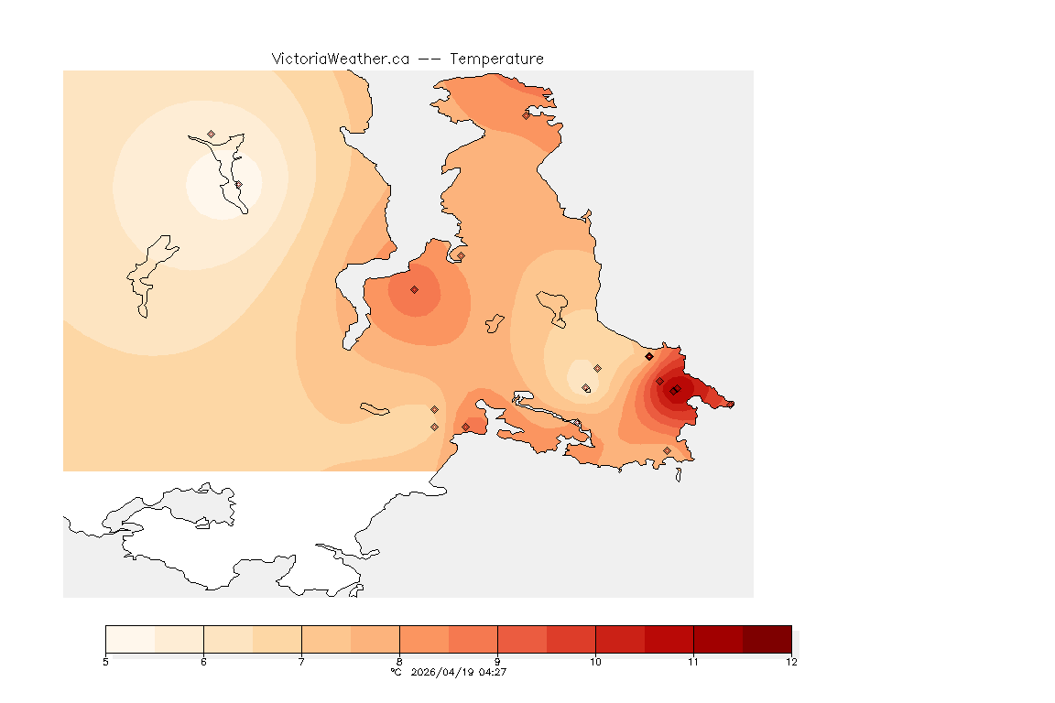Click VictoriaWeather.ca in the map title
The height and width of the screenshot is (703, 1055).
(x=340, y=59)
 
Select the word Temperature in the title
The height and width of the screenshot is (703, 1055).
(x=496, y=59)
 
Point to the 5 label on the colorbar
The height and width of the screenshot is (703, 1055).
(x=105, y=662)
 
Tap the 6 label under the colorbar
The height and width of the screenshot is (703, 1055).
(x=203, y=662)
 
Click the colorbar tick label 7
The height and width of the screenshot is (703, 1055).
(x=301, y=662)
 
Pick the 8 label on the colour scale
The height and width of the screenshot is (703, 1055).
(x=399, y=662)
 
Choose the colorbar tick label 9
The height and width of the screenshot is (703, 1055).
(x=497, y=662)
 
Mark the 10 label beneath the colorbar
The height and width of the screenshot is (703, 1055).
(x=595, y=662)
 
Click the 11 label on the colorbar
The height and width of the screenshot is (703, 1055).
(x=693, y=662)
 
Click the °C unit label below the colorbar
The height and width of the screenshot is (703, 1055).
(x=397, y=672)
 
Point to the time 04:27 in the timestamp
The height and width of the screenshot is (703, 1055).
(x=493, y=672)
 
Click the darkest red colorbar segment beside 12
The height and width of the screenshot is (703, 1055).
(x=767, y=639)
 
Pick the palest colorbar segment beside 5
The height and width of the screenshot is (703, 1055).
(x=130, y=639)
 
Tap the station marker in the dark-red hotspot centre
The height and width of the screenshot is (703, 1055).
(x=674, y=391)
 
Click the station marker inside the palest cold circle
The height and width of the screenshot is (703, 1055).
(x=238, y=184)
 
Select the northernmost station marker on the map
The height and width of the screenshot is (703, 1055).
(x=527, y=115)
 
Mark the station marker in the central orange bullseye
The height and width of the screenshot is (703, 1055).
(x=414, y=289)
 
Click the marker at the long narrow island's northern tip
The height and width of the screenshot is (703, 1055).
(x=211, y=134)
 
